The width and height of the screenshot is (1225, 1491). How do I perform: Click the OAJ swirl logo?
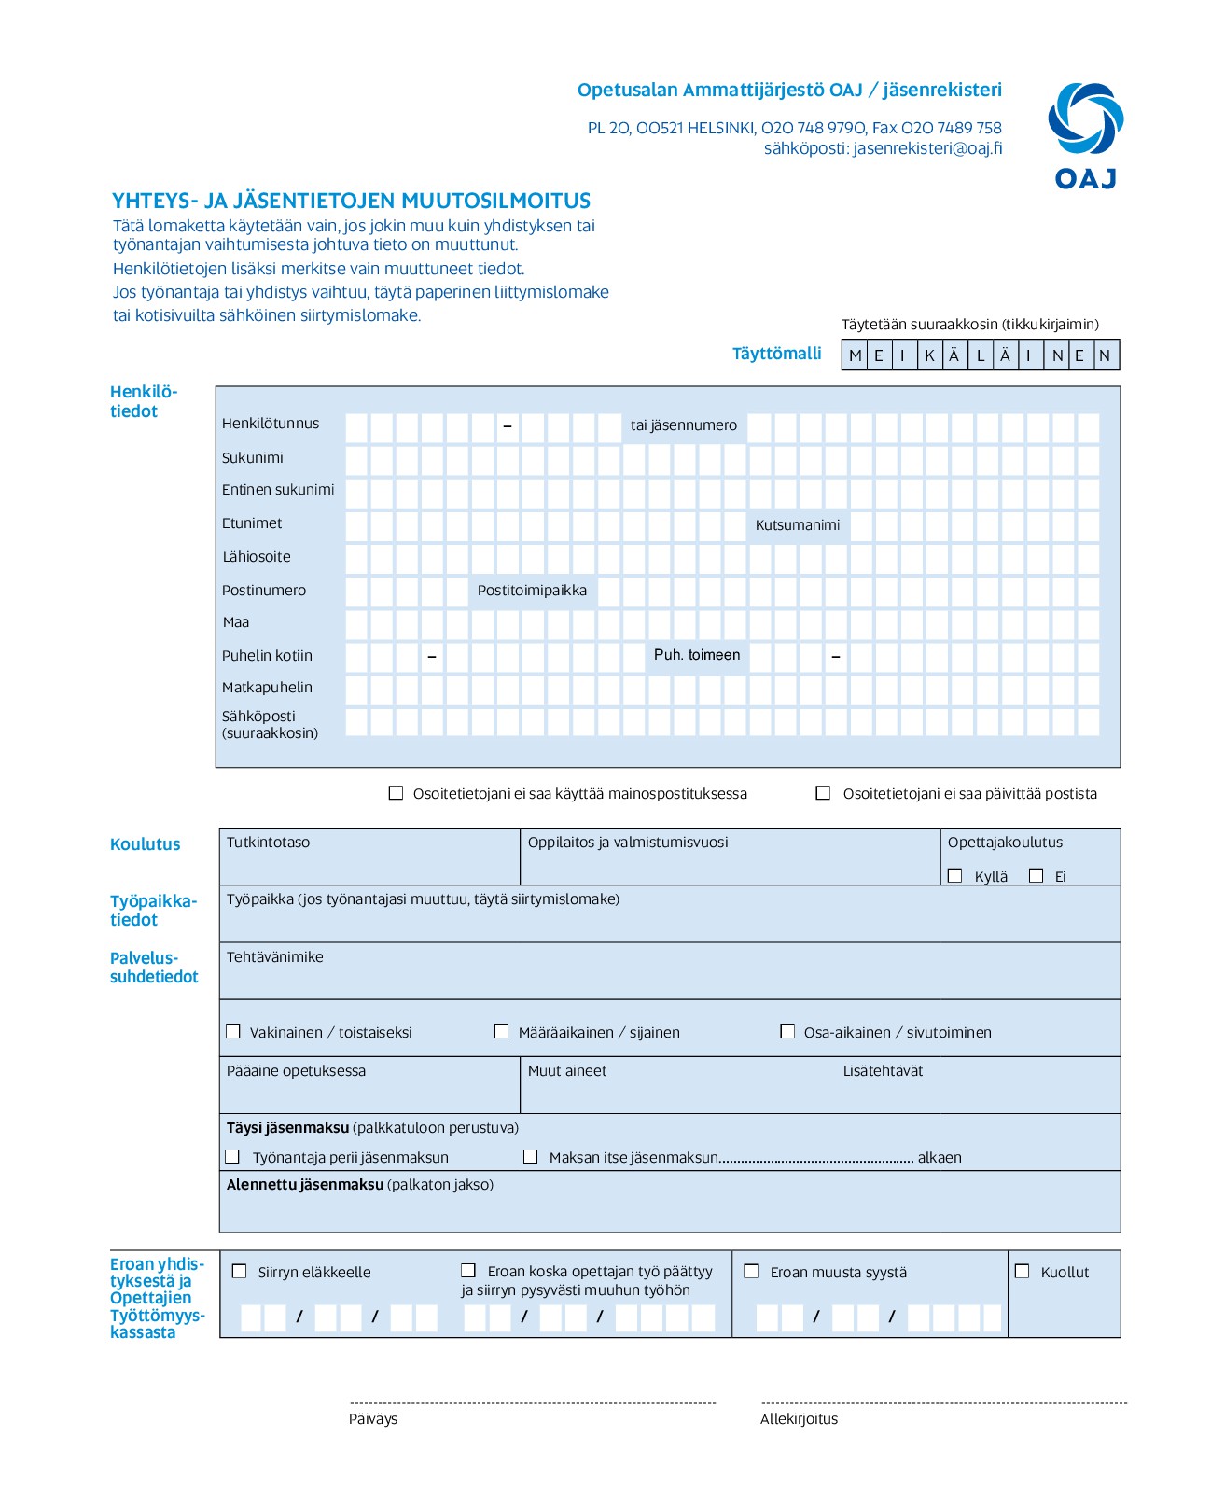[x=1085, y=118]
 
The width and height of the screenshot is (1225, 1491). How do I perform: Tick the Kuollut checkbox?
[x=1022, y=1271]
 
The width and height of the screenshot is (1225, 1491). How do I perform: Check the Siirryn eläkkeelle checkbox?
[x=240, y=1271]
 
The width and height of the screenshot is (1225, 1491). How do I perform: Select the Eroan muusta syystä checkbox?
[x=751, y=1271]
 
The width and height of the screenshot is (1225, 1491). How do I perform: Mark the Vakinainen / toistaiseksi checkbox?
[x=233, y=1031]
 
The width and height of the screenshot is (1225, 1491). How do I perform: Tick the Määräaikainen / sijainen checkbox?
[x=501, y=1031]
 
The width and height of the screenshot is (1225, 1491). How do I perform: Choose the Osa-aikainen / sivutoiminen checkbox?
[x=787, y=1031]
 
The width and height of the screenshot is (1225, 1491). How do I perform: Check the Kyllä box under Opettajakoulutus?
[x=954, y=875]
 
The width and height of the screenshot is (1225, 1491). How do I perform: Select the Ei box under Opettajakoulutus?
[x=1036, y=875]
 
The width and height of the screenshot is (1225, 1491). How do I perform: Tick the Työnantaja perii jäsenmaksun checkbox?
[x=233, y=1156]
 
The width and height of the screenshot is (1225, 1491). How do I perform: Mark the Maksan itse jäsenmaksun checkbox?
[x=530, y=1156]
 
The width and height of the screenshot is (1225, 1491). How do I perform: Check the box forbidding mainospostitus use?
[x=396, y=792]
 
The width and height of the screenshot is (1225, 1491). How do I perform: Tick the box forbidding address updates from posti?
[x=823, y=792]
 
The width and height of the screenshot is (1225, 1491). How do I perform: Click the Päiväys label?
[x=373, y=1418]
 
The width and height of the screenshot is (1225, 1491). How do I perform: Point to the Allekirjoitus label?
[x=799, y=1418]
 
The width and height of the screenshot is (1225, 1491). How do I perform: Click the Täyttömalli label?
[x=776, y=354]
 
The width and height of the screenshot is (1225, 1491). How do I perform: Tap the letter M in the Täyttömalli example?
[x=855, y=355]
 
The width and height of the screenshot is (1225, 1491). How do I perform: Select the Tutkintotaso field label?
[x=268, y=842]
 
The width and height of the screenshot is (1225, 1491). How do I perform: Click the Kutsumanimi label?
[x=798, y=524]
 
